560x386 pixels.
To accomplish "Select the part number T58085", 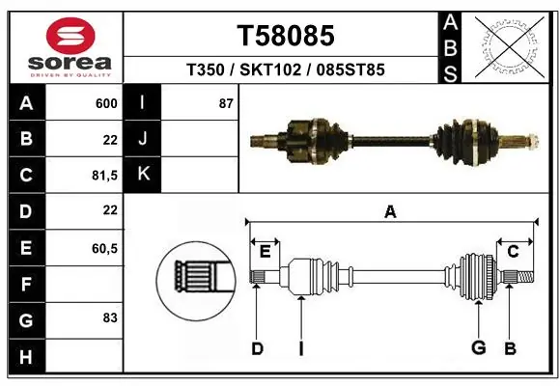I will [286, 36].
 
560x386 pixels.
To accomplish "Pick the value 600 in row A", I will [106, 103].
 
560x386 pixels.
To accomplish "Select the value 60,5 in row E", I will [104, 248].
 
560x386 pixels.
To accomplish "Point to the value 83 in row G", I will [109, 317].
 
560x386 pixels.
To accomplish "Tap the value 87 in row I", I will [226, 103].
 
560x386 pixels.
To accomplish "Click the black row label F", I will [25, 285].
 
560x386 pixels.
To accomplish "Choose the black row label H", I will [25, 358].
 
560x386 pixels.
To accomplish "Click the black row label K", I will [143, 175].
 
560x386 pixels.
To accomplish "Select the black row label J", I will [143, 139].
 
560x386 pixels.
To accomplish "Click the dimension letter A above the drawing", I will [390, 212].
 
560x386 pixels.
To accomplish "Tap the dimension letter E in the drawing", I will [265, 252].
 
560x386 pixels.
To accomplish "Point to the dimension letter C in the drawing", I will [513, 252].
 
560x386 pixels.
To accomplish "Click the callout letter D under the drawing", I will [257, 348].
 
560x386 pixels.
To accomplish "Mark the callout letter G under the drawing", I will [477, 348].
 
